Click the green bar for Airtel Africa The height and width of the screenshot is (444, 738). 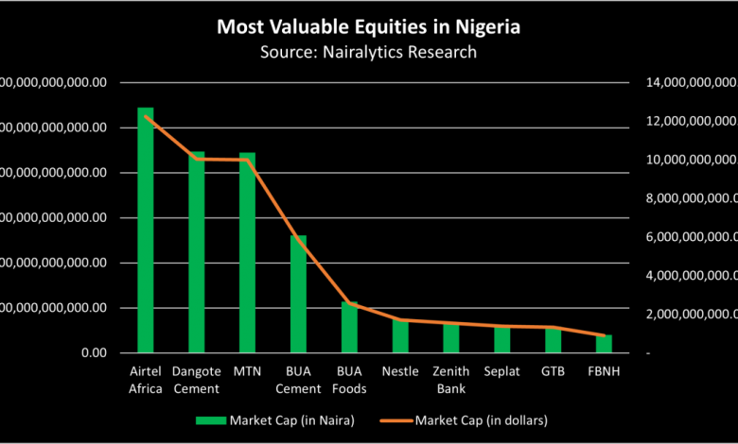[146, 231]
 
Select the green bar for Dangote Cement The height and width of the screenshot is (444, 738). [197, 253]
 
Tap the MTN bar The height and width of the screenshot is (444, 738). [247, 253]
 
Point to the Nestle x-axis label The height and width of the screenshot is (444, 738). [400, 372]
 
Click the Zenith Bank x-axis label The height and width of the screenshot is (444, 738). [451, 380]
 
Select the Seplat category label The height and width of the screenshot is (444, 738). [501, 372]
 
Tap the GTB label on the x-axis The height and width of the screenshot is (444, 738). [553, 372]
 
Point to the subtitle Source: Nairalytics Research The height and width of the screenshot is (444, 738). [369, 52]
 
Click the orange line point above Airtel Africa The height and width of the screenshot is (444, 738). [146, 116]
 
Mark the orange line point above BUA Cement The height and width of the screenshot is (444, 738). [298, 238]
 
